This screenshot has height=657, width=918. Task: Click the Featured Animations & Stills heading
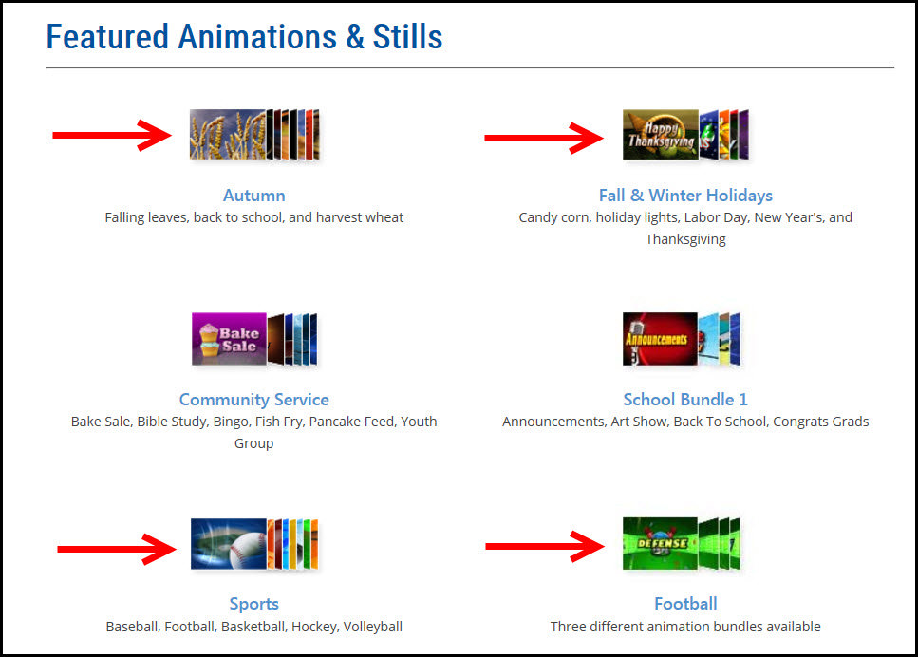click(x=244, y=37)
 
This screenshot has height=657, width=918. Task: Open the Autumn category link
click(x=253, y=196)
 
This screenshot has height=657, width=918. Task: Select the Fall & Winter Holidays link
click(x=684, y=196)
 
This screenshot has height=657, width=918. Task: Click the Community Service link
click(x=253, y=400)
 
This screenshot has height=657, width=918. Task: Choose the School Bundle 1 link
click(x=684, y=400)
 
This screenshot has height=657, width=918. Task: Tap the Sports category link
click(x=253, y=604)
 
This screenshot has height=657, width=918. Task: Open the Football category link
click(x=684, y=604)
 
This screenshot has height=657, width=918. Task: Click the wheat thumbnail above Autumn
click(x=227, y=134)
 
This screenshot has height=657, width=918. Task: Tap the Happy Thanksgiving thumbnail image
click(x=660, y=135)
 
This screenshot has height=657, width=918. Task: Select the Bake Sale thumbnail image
click(x=229, y=339)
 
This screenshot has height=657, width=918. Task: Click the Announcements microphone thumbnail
click(x=660, y=339)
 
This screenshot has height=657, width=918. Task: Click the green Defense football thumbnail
click(x=660, y=544)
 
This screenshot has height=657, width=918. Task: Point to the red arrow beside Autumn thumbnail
click(x=111, y=135)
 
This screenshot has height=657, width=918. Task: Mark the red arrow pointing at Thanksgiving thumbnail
click(x=543, y=138)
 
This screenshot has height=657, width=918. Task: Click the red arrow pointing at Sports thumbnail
click(x=116, y=549)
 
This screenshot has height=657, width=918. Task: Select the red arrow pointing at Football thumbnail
click(x=544, y=546)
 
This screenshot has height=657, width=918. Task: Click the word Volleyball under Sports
click(x=372, y=627)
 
